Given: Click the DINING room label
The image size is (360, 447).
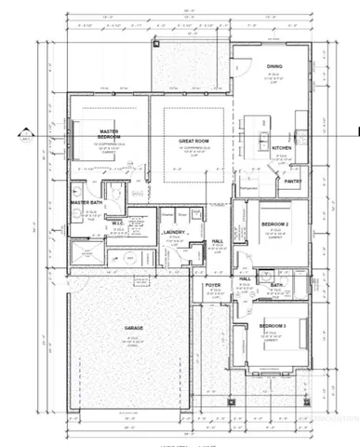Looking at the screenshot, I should click(273, 66).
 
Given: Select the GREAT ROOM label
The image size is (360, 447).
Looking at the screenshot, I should click(193, 140).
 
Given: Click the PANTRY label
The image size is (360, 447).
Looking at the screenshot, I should click(293, 182).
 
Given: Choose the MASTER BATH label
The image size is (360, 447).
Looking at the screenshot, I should click(86, 201).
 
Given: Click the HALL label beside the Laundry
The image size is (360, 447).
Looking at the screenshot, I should click(217, 240).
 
